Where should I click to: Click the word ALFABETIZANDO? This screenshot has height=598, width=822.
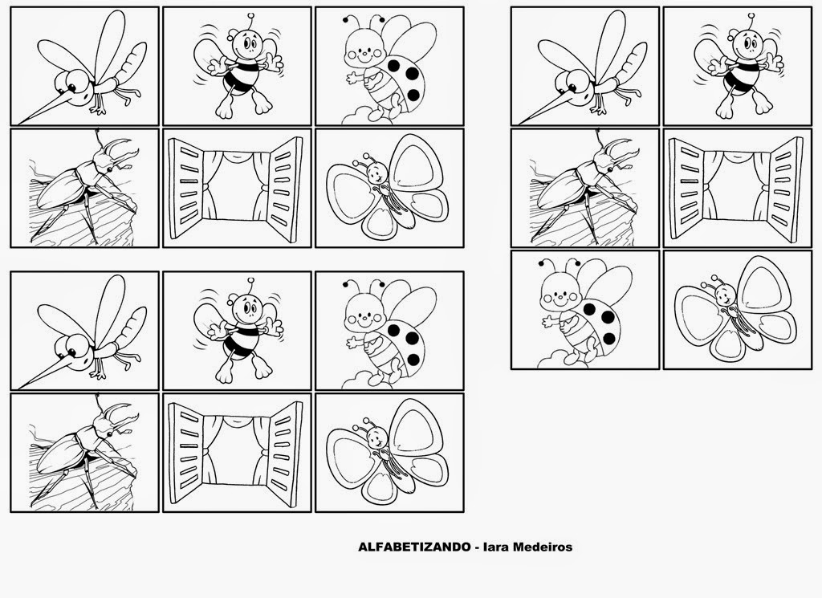414,547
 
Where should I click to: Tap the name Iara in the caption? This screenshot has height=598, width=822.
495,547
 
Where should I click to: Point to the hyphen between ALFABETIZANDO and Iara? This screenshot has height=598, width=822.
477,548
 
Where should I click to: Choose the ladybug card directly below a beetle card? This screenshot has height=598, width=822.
585,310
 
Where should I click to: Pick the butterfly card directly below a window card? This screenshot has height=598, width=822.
738,310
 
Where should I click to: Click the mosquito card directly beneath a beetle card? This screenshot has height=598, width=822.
84,331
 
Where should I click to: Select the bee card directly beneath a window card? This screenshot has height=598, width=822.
237,331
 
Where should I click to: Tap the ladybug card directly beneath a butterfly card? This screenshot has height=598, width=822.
389,331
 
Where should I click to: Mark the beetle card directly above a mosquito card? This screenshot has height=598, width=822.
84,188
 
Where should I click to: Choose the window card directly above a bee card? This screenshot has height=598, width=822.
237,188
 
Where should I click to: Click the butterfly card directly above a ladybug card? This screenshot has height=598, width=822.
389,188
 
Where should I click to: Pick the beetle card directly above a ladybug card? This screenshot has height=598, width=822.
585,188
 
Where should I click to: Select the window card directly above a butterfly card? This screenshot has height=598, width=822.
738,188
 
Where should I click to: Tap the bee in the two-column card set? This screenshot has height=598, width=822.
739,68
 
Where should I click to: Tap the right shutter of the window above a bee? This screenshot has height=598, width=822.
285,189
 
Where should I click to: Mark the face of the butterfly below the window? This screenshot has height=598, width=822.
726,295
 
